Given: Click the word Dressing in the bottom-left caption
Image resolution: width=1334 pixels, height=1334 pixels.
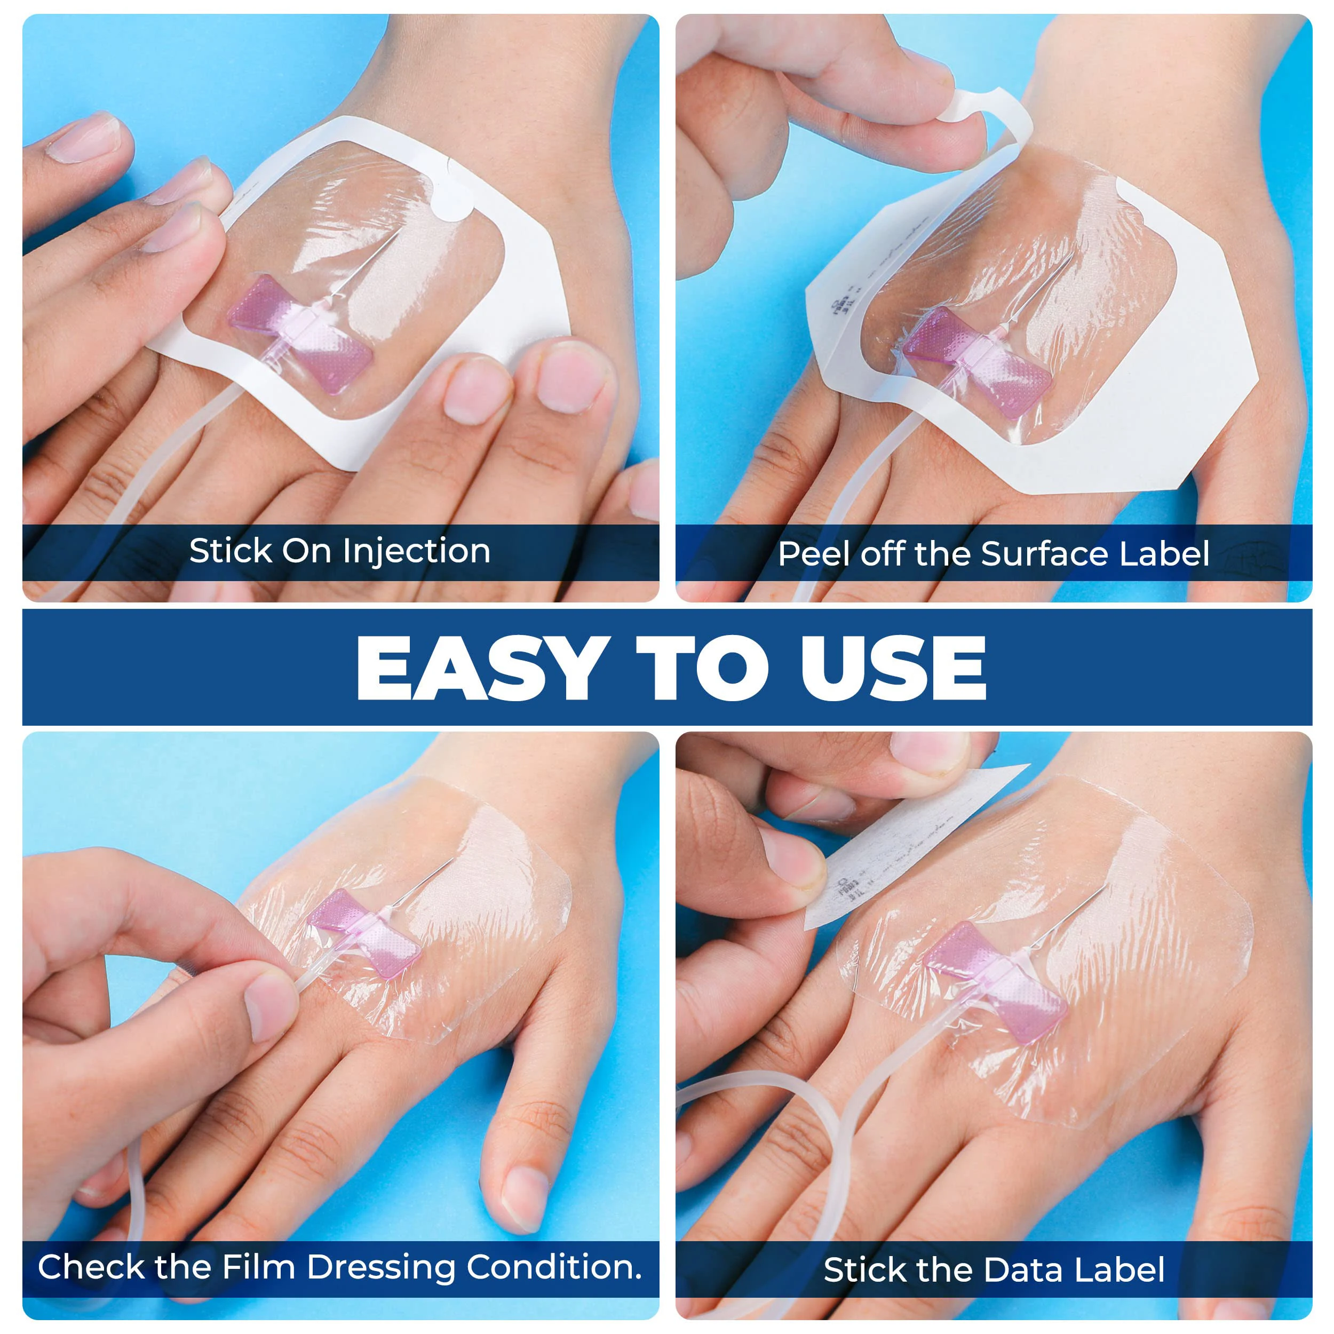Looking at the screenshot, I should (x=381, y=1266).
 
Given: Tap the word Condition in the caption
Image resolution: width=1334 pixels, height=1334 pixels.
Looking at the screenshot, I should (x=553, y=1266).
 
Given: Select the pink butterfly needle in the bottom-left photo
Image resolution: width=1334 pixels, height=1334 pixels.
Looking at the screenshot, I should (x=364, y=933).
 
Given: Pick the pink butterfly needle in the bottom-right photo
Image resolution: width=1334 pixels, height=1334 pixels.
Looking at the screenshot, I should (x=995, y=980).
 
